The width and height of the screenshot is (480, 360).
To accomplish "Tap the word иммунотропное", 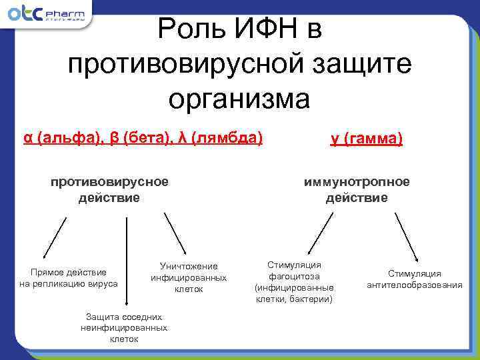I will [x=357, y=182].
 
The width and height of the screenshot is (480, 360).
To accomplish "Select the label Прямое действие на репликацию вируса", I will [x=69, y=277].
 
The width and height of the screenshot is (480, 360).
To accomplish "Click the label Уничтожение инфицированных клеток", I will [x=189, y=277].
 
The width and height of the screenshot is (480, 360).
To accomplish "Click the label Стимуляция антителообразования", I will [x=415, y=279].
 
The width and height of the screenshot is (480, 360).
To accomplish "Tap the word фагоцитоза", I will [x=294, y=276].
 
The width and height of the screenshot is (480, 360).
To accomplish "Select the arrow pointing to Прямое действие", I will [x=55, y=237].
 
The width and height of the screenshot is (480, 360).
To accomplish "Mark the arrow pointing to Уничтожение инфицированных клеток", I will [x=175, y=233].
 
